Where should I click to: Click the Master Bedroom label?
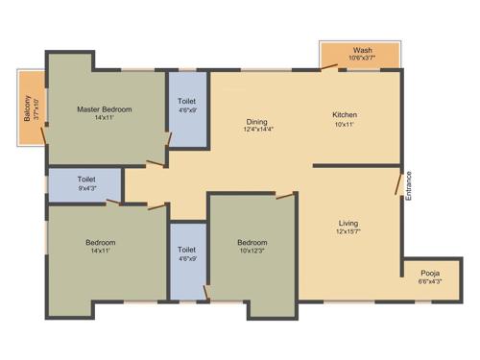pos(104,109)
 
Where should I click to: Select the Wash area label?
pos(362,50)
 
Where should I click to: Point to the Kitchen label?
pos(345,113)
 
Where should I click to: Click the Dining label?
pos(256,122)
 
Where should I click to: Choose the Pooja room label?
pos(430,273)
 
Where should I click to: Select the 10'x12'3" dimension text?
pos(252,252)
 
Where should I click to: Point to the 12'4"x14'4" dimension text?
pos(256,132)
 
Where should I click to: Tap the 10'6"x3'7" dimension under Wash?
pos(362,59)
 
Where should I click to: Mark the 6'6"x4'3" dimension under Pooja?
pos(430,281)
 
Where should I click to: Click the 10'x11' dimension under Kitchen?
pos(345,123)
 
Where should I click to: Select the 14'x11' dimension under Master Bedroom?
pos(104,119)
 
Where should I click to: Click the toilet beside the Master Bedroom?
pos(186,108)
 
